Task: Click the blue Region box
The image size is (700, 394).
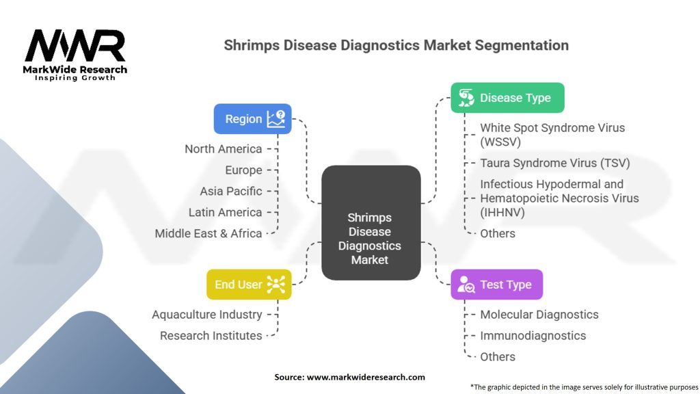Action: (x=253, y=119)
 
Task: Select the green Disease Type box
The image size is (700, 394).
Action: (x=508, y=98)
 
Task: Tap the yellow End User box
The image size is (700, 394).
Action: (x=249, y=285)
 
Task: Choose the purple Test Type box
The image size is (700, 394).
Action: (x=497, y=285)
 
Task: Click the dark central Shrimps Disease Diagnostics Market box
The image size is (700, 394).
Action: (x=371, y=223)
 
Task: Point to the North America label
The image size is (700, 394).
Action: (x=224, y=148)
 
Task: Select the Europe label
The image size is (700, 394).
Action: (x=243, y=170)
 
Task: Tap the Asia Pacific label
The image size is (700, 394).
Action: (x=231, y=192)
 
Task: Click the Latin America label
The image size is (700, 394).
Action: (x=225, y=212)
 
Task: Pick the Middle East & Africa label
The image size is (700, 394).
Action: (x=208, y=233)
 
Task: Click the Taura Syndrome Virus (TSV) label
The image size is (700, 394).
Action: (x=555, y=163)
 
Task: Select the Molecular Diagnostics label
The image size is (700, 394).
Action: (x=539, y=315)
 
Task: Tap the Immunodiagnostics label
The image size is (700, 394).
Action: (x=533, y=335)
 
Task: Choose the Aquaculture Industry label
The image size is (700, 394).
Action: (x=206, y=315)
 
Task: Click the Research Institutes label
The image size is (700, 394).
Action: (x=211, y=335)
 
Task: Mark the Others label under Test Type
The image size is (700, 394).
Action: (x=498, y=357)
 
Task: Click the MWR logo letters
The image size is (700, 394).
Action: (x=75, y=45)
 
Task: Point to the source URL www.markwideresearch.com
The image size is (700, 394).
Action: (x=366, y=377)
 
